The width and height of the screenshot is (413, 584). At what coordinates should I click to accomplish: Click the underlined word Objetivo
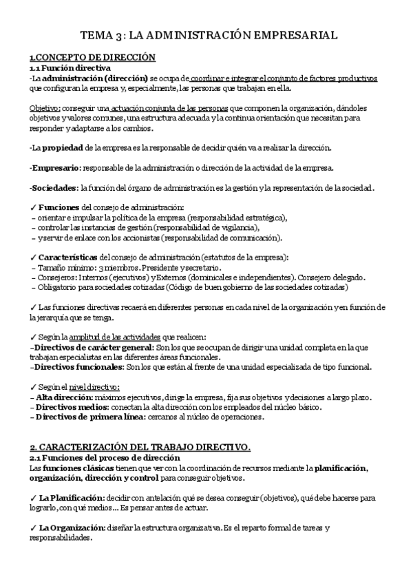coord(45,107)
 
